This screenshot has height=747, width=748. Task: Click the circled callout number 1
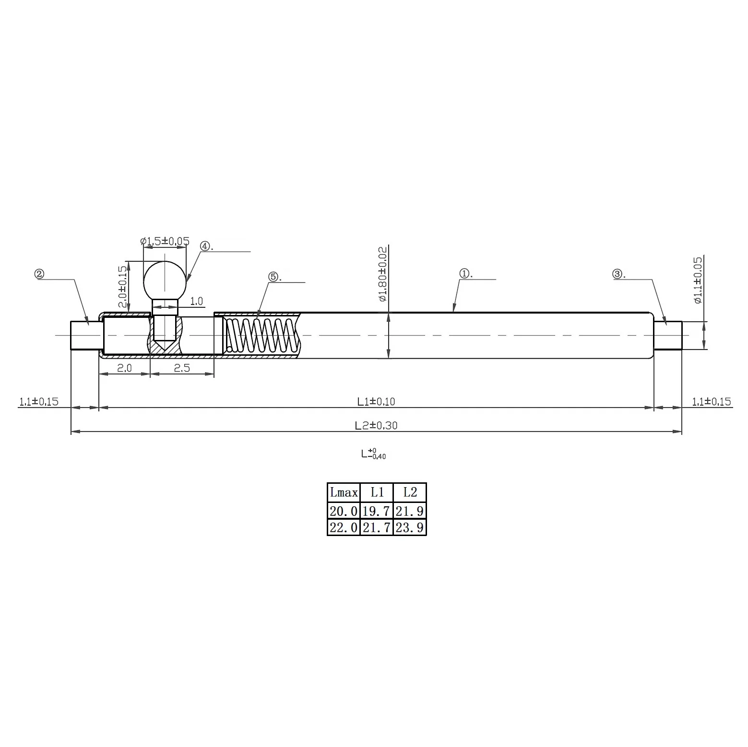464,274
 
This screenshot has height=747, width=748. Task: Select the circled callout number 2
39,274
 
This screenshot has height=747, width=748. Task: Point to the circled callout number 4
205,246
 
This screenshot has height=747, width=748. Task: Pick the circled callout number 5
273,277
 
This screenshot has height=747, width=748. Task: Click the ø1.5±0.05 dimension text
165,241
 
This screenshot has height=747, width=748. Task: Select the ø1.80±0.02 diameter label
382,274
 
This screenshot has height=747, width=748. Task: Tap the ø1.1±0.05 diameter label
697,280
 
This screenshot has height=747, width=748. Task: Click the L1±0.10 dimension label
376,401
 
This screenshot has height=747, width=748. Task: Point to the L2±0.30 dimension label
376,425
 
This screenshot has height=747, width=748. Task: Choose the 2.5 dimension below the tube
182,368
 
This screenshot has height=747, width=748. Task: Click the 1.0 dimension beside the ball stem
197,301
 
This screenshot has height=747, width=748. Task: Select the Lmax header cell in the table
344,492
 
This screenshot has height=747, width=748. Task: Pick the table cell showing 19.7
376,511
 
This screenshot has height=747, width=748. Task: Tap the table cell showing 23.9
409,527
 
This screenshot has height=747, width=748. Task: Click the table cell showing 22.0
344,527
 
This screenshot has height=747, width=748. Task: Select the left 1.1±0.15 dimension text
38,401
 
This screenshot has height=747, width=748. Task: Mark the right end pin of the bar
667,335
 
